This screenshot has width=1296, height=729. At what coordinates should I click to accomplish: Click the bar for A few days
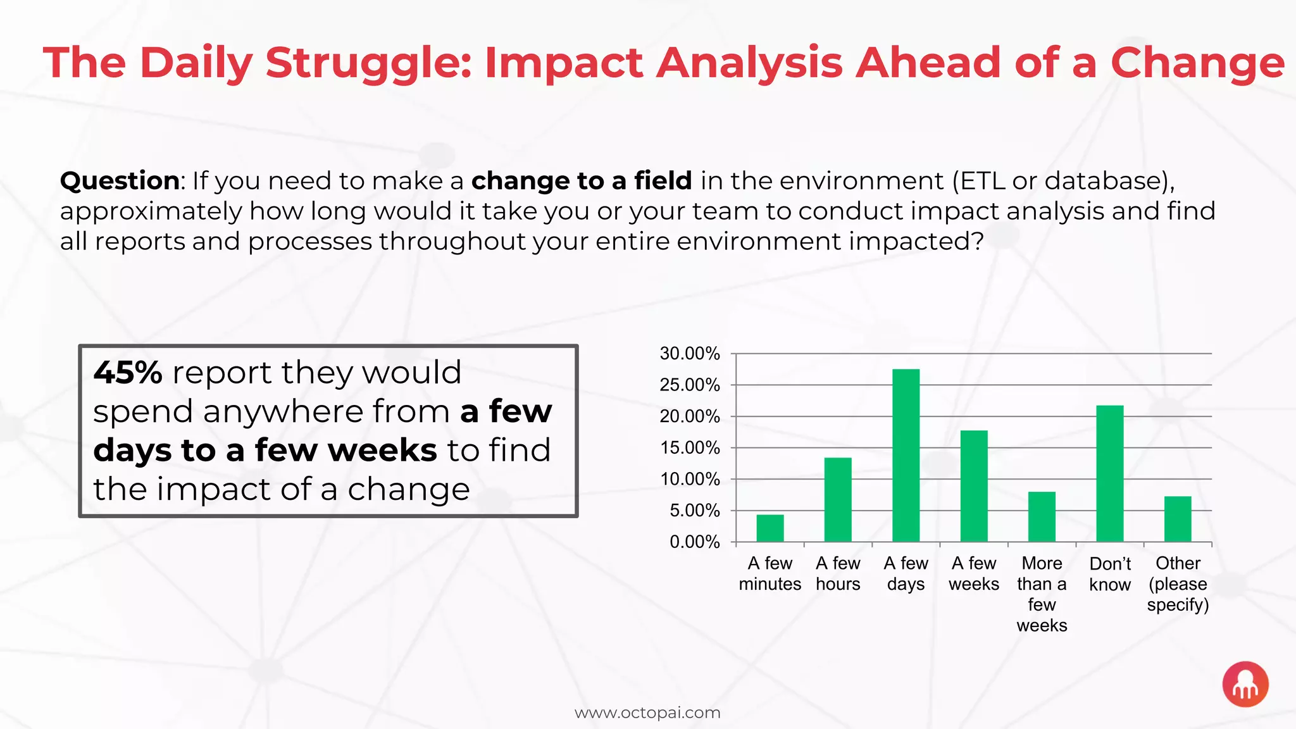[x=906, y=456]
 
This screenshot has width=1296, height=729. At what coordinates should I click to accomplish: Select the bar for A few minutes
[x=769, y=528]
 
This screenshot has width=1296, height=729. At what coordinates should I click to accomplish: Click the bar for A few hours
[x=837, y=499]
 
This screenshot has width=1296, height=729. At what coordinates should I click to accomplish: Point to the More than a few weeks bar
[x=1042, y=516]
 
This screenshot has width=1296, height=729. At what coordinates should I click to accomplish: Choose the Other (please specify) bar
[x=1177, y=519]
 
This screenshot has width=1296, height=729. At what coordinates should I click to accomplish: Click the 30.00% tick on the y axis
[x=689, y=354]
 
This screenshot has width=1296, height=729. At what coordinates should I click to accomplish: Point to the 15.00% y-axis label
[x=689, y=448]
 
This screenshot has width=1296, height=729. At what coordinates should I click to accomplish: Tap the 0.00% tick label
[x=694, y=542]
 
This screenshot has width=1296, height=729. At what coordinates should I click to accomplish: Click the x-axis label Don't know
[x=1109, y=574]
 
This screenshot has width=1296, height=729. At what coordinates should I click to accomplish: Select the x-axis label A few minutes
[x=769, y=573]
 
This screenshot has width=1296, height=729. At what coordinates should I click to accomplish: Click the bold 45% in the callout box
[x=128, y=372]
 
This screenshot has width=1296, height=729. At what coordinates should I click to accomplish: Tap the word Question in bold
[x=120, y=181]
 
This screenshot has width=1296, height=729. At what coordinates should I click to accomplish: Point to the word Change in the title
[x=1197, y=63]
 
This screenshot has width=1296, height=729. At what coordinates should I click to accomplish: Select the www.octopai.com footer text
[x=647, y=713]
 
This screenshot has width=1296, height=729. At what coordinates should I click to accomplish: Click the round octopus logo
[x=1245, y=684]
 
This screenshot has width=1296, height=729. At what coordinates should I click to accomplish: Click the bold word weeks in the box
[x=382, y=451]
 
